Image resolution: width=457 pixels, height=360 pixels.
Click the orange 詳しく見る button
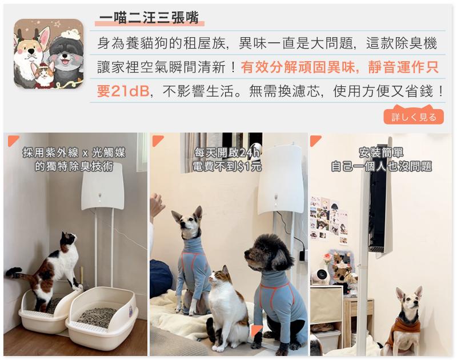[x=413, y=117]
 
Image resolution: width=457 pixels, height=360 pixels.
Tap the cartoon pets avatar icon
[x=49, y=54]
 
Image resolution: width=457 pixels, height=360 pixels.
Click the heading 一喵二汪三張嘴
[x=149, y=18]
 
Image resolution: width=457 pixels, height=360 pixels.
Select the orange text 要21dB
[x=123, y=91]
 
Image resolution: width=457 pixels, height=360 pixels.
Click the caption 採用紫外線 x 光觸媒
[x=74, y=153]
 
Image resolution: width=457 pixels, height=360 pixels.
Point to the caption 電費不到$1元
[x=227, y=166]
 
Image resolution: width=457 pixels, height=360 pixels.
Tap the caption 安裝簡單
[x=381, y=153]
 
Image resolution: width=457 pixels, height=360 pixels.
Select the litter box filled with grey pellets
[x=102, y=313]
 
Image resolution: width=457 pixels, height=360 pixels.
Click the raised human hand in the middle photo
[x=157, y=205]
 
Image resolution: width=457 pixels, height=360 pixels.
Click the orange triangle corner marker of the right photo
[x=315, y=140]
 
